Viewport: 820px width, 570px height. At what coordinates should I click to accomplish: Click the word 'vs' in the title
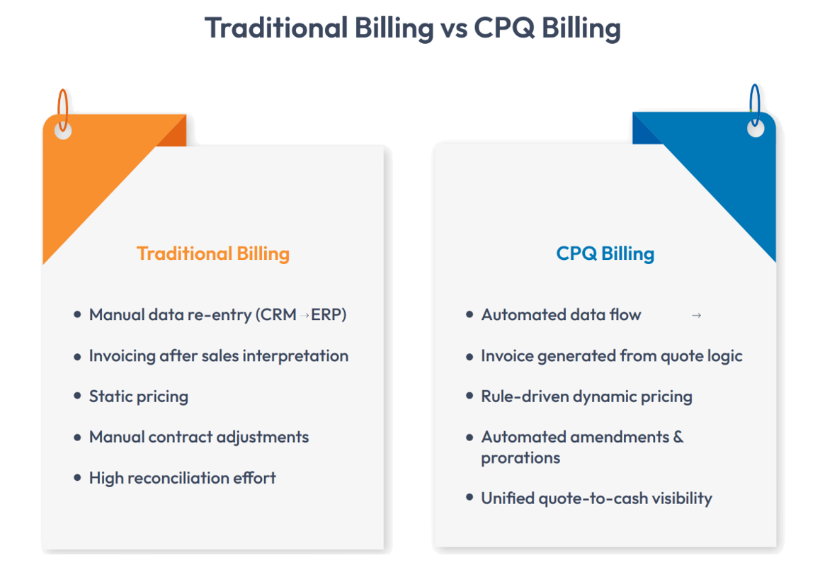click(x=452, y=28)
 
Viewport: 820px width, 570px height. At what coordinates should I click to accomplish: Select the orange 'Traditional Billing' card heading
click(x=213, y=253)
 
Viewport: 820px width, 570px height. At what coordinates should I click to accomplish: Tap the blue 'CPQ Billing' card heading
click(x=605, y=253)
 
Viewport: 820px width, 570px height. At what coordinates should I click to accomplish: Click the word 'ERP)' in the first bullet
click(x=329, y=315)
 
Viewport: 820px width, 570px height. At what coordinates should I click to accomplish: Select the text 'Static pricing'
click(x=139, y=397)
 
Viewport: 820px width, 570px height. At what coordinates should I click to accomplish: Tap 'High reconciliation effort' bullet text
click(x=182, y=478)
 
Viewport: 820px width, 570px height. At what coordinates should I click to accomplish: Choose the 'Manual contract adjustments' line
click(x=199, y=437)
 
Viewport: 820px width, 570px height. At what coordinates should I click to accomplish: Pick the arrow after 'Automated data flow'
click(x=696, y=316)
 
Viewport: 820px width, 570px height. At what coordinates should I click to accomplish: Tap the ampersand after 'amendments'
click(x=678, y=437)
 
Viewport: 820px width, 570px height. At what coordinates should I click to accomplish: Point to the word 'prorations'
click(x=520, y=458)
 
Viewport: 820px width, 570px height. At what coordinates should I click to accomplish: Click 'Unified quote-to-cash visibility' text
click(x=596, y=498)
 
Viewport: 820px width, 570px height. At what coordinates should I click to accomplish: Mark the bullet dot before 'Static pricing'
click(x=78, y=397)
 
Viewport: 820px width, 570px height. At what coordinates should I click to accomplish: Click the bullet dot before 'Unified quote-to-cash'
click(x=469, y=498)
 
